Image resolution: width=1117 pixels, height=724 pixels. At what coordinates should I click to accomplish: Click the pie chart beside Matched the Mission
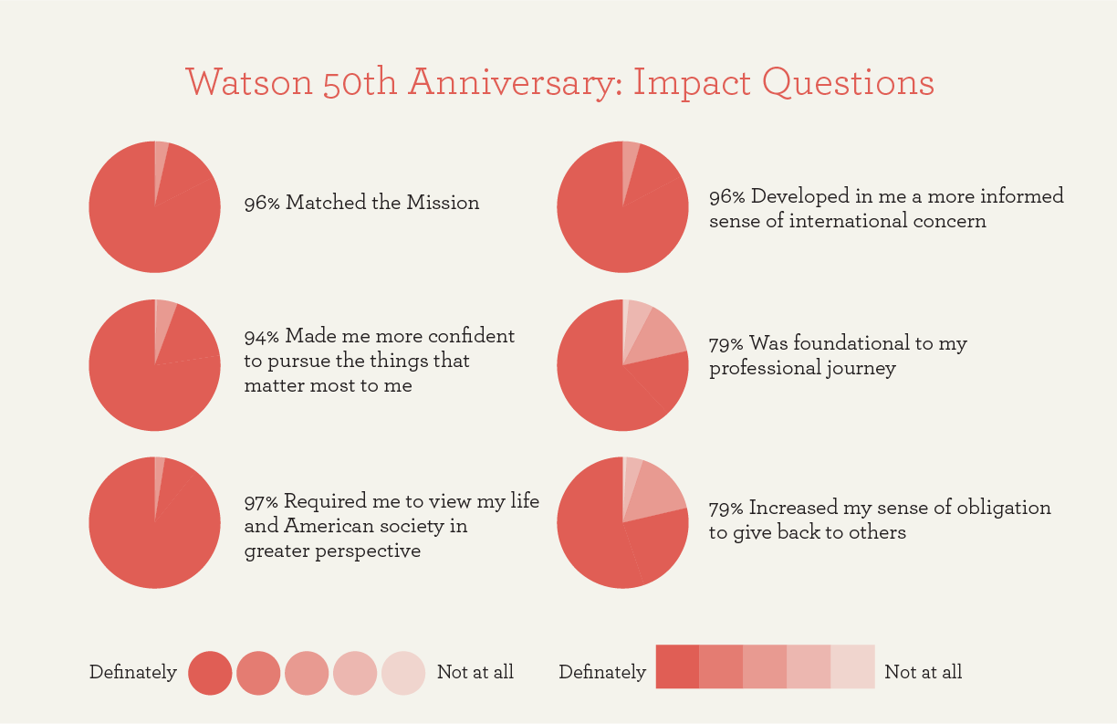click(154, 206)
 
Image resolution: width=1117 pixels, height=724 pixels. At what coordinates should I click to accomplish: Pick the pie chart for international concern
click(622, 206)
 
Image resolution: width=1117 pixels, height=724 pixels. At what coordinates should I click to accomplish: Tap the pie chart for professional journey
click(622, 365)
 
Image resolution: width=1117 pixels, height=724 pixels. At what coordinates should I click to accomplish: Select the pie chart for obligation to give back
click(622, 522)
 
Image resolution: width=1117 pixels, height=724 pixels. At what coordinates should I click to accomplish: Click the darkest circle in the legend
click(210, 673)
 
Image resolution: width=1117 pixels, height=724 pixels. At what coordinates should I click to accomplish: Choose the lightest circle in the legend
click(403, 673)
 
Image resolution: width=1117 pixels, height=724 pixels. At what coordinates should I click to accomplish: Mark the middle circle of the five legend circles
click(307, 673)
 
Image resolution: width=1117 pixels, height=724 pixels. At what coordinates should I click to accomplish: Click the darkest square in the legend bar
click(677, 666)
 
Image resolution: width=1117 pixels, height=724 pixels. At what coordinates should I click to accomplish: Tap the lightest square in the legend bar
click(852, 666)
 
